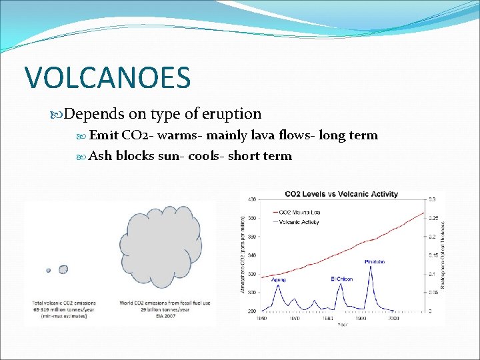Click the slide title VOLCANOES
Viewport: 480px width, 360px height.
pyautogui.click(x=107, y=77)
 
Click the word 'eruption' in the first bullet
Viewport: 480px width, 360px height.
pyautogui.click(x=234, y=114)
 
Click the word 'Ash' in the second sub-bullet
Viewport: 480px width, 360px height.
pyautogui.click(x=101, y=156)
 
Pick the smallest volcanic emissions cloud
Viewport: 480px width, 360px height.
pyautogui.click(x=49, y=270)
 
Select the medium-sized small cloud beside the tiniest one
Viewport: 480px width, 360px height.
pyautogui.click(x=63, y=269)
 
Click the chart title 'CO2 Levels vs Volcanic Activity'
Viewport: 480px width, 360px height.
pyautogui.click(x=341, y=195)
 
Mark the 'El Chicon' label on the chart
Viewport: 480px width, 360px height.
pyautogui.click(x=341, y=278)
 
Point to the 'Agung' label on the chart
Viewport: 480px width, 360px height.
pyautogui.click(x=278, y=279)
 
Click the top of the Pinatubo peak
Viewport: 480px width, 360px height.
pyautogui.click(x=371, y=266)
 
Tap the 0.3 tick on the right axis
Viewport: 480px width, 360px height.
pyautogui.click(x=432, y=199)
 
